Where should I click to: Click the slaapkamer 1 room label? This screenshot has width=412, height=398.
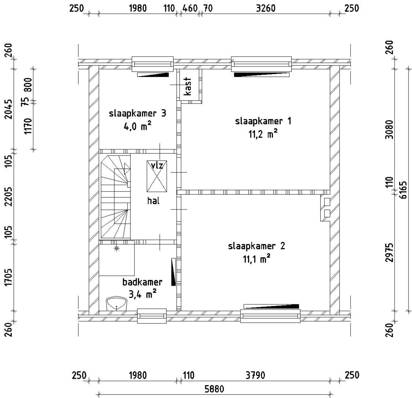click(x=263, y=121)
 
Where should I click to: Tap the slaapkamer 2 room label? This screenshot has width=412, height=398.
click(x=257, y=246)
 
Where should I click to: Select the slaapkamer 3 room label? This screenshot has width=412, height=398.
click(x=138, y=114)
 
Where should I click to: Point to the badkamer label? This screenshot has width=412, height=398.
click(x=143, y=282)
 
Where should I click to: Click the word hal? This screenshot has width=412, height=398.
click(x=153, y=200)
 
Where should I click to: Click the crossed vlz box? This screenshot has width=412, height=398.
click(x=157, y=176)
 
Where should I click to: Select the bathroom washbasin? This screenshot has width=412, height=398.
click(x=117, y=303)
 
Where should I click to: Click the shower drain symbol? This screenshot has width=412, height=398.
click(x=117, y=248)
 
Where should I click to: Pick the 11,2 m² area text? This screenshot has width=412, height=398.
click(x=263, y=134)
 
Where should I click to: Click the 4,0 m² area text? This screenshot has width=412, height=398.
click(x=138, y=126)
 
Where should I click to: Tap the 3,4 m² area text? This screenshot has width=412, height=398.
click(x=143, y=294)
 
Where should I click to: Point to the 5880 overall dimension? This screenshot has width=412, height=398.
click(x=214, y=389)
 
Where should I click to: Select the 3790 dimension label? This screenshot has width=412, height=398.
click(x=255, y=375)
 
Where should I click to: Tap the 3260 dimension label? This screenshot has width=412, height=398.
click(x=266, y=8)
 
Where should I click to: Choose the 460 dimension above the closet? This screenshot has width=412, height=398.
click(x=190, y=8)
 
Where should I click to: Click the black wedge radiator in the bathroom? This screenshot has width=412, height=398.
click(x=173, y=272)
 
